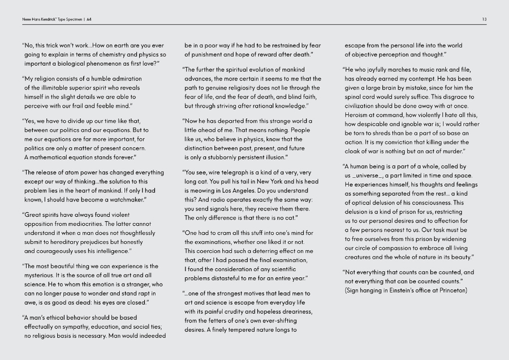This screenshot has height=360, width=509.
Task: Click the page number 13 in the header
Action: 485,19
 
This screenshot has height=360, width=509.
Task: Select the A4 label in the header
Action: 89,19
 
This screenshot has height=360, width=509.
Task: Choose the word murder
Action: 451,151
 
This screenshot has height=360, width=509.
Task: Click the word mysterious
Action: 44,275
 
